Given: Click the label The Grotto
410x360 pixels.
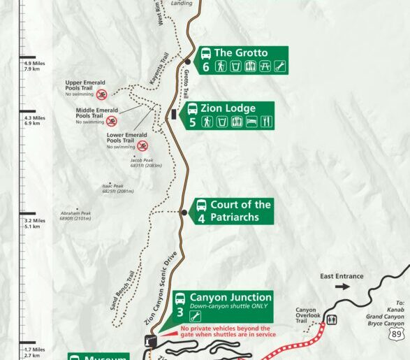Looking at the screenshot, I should point(240,52).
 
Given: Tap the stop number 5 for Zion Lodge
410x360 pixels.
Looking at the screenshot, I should point(192,122).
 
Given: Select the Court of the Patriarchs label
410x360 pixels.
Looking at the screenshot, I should point(240,210).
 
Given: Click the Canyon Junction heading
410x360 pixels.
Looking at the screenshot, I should point(230,297).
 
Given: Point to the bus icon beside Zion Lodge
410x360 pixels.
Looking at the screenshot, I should point(192,109).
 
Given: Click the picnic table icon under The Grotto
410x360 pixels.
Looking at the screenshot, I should point(265,67).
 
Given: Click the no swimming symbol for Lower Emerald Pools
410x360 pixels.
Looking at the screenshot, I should point(142,146).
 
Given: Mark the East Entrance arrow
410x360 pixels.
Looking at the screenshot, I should point(342,286).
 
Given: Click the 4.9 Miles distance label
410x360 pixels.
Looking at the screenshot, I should point(34,66).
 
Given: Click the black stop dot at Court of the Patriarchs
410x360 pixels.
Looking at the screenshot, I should point(184,213).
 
